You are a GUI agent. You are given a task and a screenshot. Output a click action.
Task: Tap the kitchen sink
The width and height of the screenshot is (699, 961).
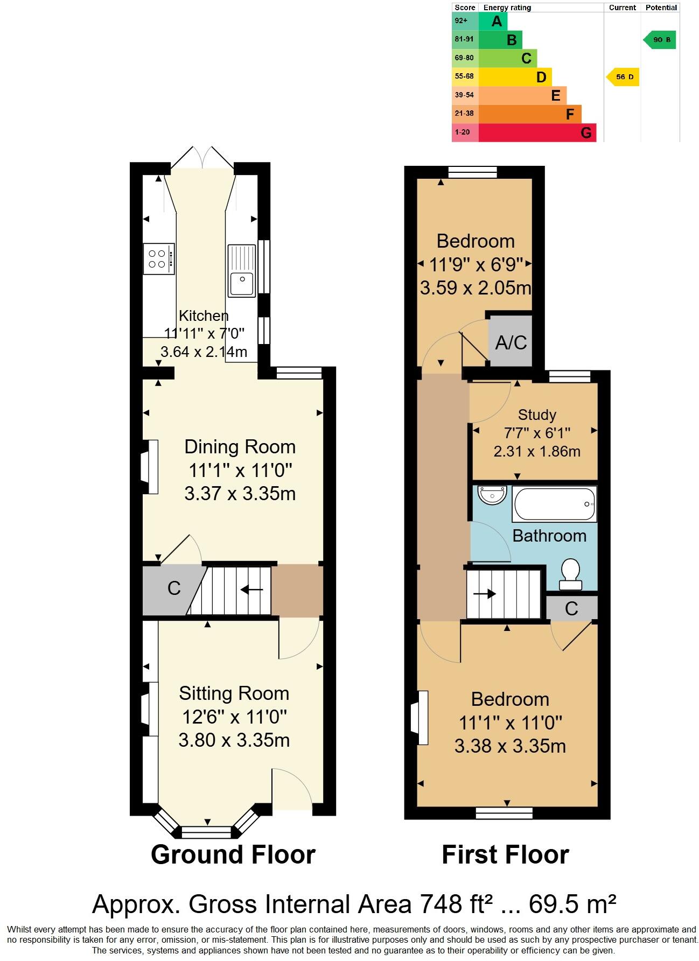(x=241, y=271)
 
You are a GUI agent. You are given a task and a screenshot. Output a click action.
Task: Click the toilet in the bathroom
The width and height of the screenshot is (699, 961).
(x=570, y=574)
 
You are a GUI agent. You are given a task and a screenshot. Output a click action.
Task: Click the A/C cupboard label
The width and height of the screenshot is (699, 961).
(x=511, y=342)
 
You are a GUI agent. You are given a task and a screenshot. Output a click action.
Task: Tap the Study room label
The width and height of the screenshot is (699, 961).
(x=536, y=415)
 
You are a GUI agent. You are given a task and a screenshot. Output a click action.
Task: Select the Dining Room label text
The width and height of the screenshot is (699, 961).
(x=240, y=447)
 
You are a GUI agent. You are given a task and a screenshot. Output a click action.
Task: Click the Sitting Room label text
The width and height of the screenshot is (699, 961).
(x=234, y=693)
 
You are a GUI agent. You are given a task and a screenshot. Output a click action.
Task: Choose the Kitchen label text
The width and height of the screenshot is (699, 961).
(x=204, y=316)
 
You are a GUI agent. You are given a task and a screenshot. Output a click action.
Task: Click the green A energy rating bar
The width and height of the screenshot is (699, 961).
(x=492, y=22)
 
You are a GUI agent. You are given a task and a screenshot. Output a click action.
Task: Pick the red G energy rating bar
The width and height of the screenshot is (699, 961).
(x=537, y=132)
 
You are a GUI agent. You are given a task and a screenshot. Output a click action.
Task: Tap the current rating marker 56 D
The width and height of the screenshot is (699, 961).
(x=624, y=77)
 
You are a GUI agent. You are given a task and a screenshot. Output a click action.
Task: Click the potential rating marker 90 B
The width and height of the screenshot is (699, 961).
(x=660, y=40)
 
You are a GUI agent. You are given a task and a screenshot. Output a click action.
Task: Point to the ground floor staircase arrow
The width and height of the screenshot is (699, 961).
(x=251, y=590)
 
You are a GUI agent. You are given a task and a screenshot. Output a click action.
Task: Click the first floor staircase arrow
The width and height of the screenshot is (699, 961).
(x=485, y=594)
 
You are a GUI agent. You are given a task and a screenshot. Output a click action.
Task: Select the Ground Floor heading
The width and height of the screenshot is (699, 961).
(x=233, y=855)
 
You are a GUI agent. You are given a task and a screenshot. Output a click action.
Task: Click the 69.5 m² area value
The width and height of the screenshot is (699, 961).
(x=572, y=904)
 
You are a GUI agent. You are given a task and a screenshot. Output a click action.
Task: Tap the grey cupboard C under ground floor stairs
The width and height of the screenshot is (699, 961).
(x=173, y=588)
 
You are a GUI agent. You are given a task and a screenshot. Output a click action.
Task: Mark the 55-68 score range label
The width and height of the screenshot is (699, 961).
(x=464, y=76)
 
